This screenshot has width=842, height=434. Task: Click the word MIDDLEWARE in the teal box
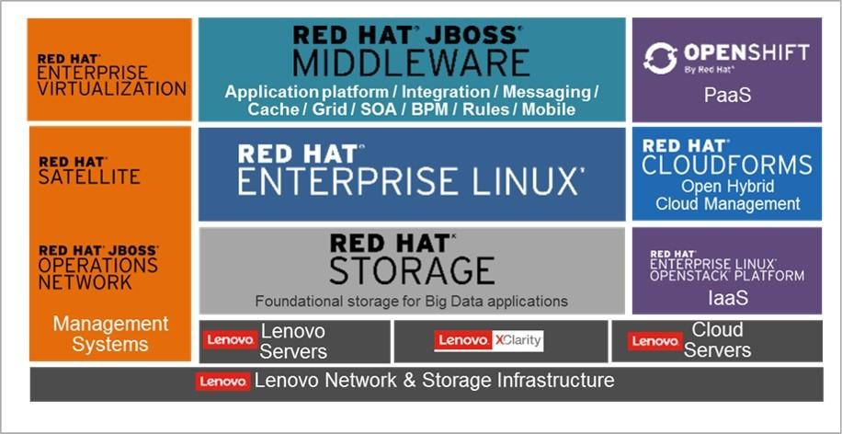click(x=411, y=63)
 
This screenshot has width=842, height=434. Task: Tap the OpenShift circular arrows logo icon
click(x=658, y=57)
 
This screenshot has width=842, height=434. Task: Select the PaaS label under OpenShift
click(x=726, y=95)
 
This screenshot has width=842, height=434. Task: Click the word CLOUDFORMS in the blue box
click(x=726, y=166)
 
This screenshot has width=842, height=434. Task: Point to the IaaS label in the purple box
click(x=726, y=298)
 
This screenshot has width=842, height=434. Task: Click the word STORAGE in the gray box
click(x=411, y=270)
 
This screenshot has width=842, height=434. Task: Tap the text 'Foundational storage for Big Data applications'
click(x=411, y=301)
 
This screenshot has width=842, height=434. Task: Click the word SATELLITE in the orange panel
click(x=89, y=177)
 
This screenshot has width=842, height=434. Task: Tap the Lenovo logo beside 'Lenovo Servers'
click(x=229, y=340)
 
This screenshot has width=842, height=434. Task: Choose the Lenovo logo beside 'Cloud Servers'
click(x=655, y=341)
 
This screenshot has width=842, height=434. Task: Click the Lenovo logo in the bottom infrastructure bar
click(x=222, y=382)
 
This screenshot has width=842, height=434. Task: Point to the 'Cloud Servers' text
click(x=717, y=340)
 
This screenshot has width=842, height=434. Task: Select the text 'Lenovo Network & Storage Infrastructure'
click(x=434, y=381)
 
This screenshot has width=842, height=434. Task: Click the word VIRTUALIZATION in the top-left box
click(x=112, y=89)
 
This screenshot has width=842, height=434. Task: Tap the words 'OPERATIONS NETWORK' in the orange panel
click(x=97, y=274)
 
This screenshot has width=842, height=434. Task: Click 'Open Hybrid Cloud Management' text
click(x=726, y=195)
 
